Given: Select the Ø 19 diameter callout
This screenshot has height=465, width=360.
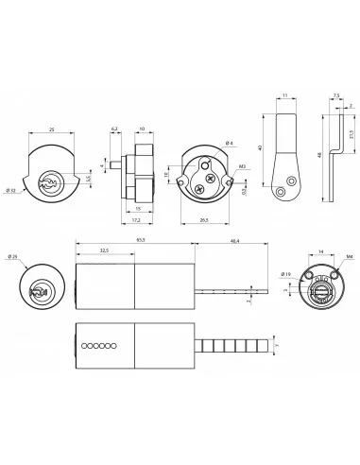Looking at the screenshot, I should (x=285, y=275).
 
